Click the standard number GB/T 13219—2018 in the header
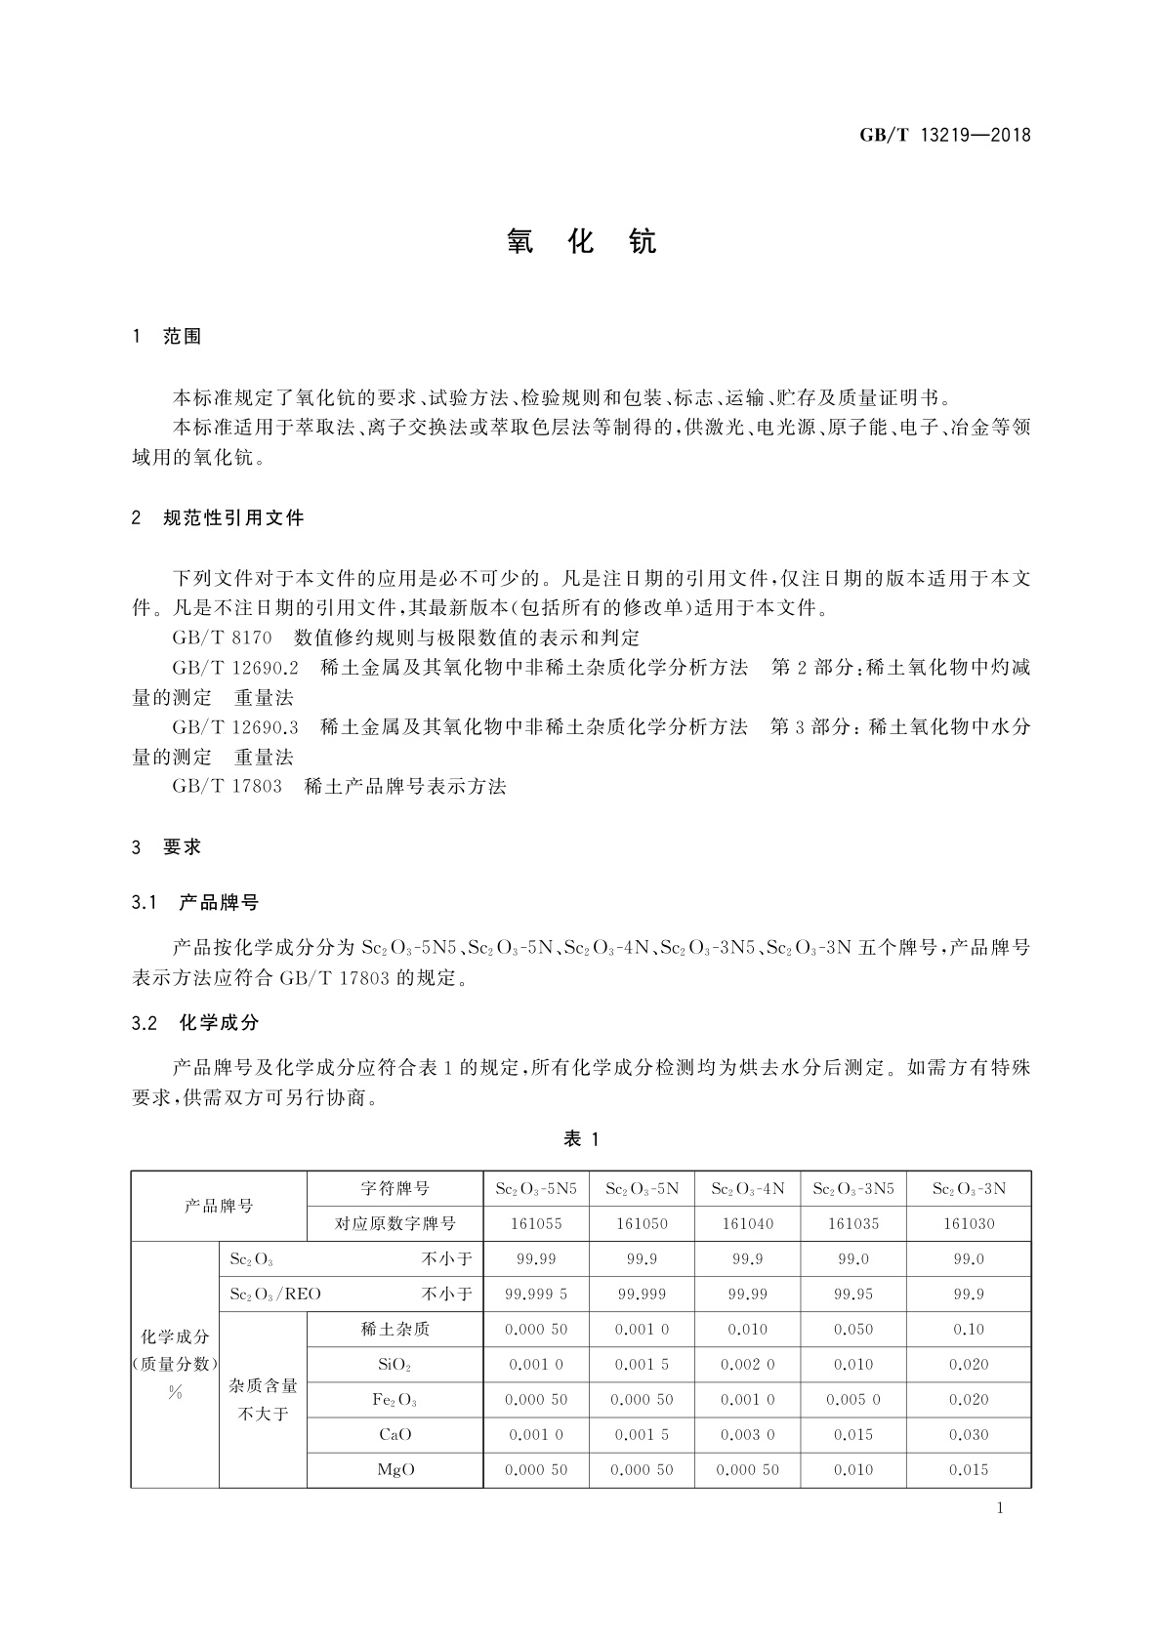click(944, 135)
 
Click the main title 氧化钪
click(581, 242)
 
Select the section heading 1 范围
click(166, 337)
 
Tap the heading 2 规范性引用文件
click(218, 518)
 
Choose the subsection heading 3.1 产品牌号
click(195, 903)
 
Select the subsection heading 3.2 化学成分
click(195, 1023)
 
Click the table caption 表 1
click(581, 1138)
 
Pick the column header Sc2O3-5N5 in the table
click(536, 1189)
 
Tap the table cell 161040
click(747, 1224)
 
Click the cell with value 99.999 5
click(536, 1295)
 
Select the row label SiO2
click(395, 1365)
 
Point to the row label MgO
click(395, 1470)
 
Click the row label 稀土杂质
click(395, 1330)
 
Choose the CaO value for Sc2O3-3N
click(969, 1435)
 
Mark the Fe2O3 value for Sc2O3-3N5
click(852, 1400)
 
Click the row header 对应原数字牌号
click(395, 1224)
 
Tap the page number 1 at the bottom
click(1000, 1508)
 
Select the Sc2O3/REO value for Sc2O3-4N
click(747, 1295)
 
